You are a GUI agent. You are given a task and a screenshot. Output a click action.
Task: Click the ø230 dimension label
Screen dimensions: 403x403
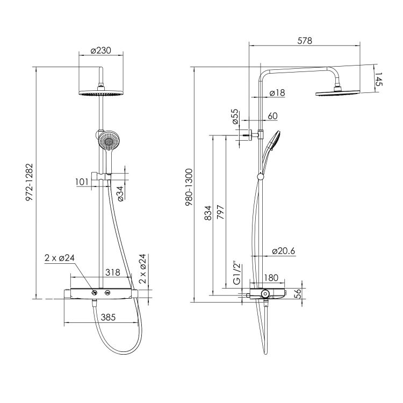(x=101, y=51)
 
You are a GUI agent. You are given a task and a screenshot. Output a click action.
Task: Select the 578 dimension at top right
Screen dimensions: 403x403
(x=305, y=41)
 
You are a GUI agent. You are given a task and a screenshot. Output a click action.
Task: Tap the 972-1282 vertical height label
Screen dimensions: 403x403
(x=30, y=182)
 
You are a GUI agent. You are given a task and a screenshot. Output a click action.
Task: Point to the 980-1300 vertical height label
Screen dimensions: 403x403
(x=189, y=188)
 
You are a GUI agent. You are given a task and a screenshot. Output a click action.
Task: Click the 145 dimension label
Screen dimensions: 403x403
(x=379, y=79)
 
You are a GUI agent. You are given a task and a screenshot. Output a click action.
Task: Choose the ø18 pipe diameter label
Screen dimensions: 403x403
(x=277, y=92)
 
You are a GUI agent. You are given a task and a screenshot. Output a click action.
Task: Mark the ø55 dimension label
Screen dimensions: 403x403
(x=235, y=117)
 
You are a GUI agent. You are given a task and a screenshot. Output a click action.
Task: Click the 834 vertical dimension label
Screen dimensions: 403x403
(x=207, y=213)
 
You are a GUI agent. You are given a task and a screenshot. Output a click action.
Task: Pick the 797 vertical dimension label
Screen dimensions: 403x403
(x=220, y=212)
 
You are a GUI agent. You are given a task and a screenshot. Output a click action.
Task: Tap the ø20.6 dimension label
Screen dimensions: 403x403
(x=284, y=250)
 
